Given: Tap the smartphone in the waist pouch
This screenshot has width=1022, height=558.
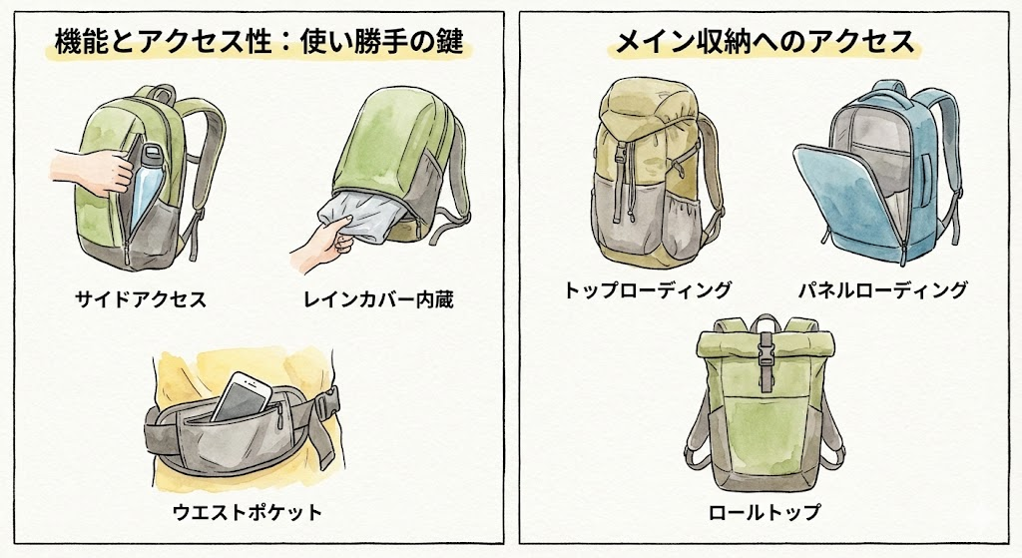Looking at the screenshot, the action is [242, 397].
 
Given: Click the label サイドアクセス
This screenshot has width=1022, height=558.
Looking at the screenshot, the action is [141, 299].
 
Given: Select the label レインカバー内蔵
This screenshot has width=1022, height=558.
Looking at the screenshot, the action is [378, 299].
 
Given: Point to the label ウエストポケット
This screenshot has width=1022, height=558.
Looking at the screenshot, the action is [248, 512].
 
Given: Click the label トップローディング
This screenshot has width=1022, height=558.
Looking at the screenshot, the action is [648, 288].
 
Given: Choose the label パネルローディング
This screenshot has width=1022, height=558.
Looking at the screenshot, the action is [883, 288].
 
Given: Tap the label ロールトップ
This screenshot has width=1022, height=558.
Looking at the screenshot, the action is [765, 512].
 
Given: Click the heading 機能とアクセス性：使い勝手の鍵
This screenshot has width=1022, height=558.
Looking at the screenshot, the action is [259, 42].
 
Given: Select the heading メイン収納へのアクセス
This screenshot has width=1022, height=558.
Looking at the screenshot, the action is [765, 42].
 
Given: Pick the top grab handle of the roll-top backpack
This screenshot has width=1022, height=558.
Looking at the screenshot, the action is [766, 323].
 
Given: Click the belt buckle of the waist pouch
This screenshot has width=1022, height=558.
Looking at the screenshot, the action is [326, 404].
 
